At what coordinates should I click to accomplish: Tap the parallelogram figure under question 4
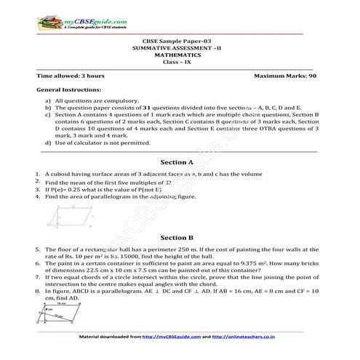click(73, 216)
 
